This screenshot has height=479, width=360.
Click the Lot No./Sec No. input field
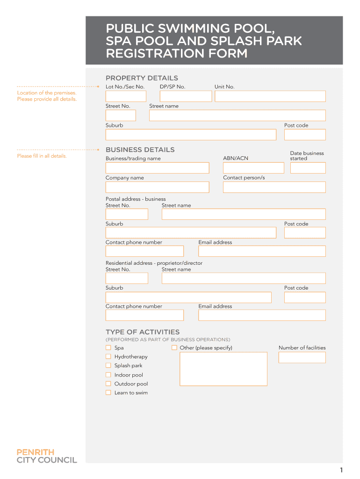click(x=126, y=96)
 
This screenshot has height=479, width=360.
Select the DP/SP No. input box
click(x=186, y=96)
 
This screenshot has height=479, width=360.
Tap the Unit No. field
click(x=270, y=96)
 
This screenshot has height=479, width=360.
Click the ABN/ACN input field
click(x=253, y=168)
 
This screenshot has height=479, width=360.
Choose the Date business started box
click(x=308, y=168)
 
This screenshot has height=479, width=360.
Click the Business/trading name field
click(x=157, y=168)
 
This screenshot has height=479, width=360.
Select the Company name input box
click(x=157, y=187)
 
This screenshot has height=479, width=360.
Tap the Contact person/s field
click(x=274, y=187)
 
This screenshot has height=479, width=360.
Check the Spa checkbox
click(x=108, y=348)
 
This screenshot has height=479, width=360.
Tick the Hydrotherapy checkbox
click(x=108, y=356)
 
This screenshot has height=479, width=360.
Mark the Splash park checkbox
click(x=108, y=365)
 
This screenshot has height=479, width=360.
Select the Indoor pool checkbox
click(x=108, y=375)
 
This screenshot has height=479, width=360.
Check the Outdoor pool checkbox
click(x=108, y=384)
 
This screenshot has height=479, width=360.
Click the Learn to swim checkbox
click(x=108, y=392)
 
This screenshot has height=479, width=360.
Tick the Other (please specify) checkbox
click(x=174, y=348)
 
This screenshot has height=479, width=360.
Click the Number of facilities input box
click(x=302, y=358)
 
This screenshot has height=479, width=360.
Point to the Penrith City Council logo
click(x=47, y=456)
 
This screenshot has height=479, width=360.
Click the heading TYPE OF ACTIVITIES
click(x=142, y=332)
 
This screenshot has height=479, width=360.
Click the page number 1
click(x=342, y=470)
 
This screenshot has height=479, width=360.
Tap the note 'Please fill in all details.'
click(x=42, y=156)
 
